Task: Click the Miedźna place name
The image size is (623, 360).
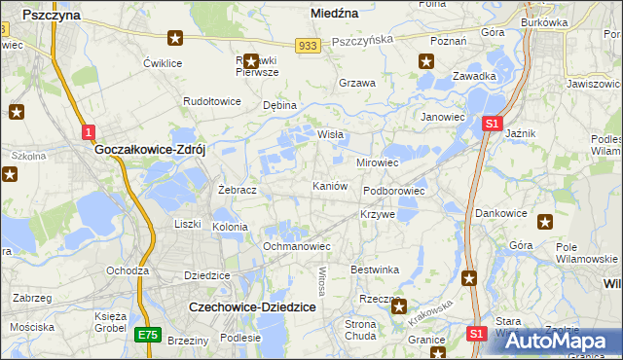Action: [334, 14]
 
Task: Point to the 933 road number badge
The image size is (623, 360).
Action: [309, 45]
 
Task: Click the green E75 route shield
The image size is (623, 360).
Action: [147, 334]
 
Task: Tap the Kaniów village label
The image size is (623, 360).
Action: [329, 185]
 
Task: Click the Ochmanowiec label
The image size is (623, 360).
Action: [298, 246]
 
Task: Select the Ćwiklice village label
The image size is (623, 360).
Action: [164, 63]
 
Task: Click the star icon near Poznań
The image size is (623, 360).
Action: [425, 61]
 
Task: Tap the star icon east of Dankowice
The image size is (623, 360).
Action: [544, 222]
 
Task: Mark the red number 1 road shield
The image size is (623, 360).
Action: [88, 131]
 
